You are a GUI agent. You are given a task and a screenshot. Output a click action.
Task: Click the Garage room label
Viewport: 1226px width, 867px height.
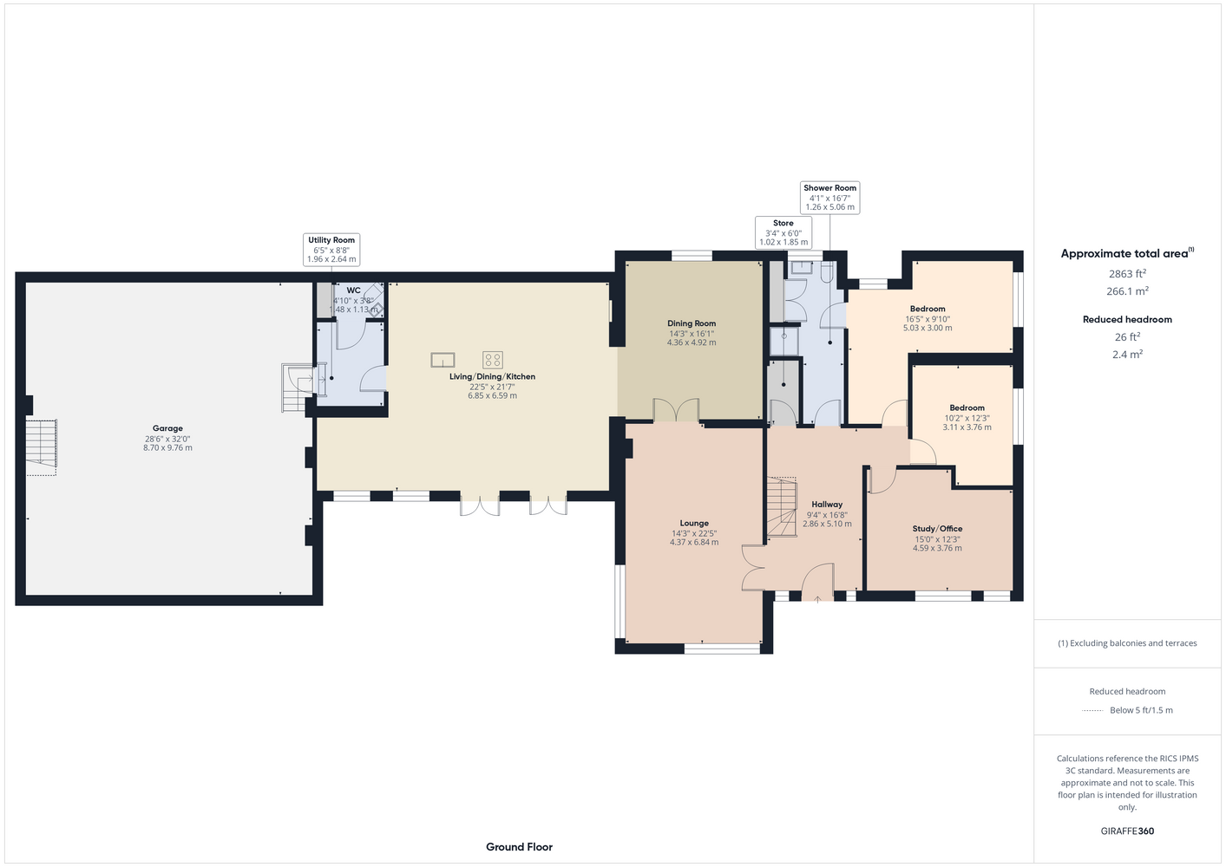tap(167, 428)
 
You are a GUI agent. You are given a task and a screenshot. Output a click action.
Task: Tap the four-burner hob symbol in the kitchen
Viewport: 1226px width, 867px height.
tap(493, 360)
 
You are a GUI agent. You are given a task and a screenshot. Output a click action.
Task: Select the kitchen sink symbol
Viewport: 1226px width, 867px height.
tap(443, 360)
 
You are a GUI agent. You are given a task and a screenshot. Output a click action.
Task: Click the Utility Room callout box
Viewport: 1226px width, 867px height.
tap(331, 250)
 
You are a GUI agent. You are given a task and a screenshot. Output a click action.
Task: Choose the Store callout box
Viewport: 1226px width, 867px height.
tap(783, 232)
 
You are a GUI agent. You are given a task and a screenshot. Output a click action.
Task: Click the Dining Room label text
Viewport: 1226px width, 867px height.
tap(692, 323)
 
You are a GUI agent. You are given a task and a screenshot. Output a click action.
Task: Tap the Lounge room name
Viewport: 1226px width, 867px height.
tap(694, 524)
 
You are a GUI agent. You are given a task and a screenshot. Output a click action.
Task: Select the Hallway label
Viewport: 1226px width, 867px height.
tap(827, 505)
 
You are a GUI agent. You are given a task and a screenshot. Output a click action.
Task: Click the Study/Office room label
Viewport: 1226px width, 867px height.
tap(937, 528)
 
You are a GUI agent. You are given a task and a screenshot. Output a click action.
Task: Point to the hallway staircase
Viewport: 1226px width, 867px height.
tap(781, 507)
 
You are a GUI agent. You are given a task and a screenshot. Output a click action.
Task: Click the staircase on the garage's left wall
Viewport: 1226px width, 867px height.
tap(41, 446)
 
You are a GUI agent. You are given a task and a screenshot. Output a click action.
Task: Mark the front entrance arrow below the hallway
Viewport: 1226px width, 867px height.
tap(817, 599)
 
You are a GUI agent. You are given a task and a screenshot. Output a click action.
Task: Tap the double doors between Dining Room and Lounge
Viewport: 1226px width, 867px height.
tap(677, 410)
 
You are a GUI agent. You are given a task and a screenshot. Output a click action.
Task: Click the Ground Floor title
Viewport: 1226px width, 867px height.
tap(519, 847)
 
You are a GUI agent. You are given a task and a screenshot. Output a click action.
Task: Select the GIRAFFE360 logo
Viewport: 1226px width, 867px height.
tap(1127, 831)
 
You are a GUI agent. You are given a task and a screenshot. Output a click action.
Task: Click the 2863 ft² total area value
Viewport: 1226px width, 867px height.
tap(1127, 273)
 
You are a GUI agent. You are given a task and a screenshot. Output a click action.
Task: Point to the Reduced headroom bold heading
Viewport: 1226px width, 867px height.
tap(1127, 319)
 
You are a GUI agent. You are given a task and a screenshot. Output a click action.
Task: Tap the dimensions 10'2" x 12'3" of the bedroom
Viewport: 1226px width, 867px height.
tap(967, 419)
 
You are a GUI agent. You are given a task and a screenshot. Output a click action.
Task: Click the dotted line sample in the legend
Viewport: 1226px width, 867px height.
tap(1092, 711)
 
